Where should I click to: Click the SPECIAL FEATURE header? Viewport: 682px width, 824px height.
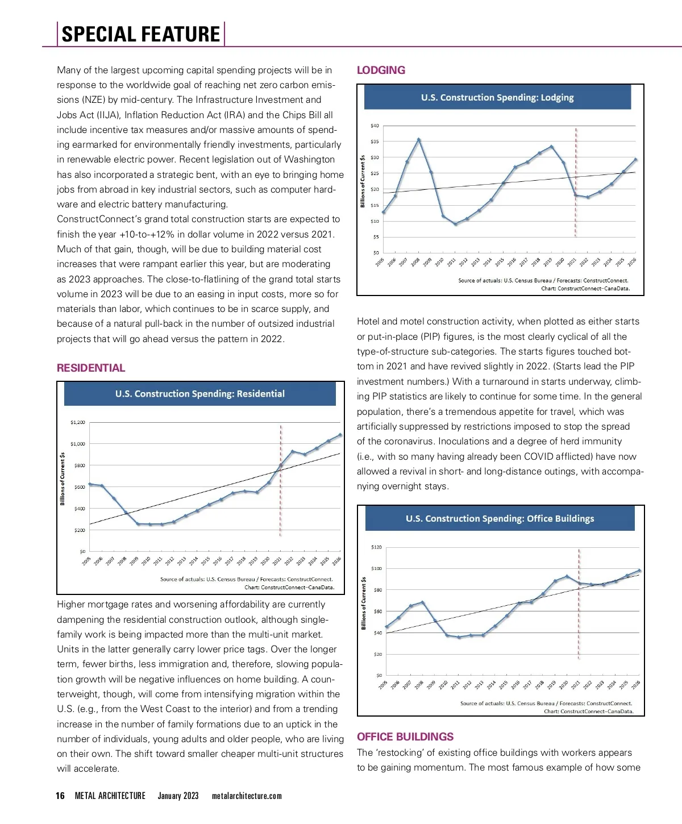click(x=140, y=34)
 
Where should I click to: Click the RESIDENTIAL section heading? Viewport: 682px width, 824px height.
click(x=91, y=368)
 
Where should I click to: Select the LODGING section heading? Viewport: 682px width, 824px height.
click(x=381, y=70)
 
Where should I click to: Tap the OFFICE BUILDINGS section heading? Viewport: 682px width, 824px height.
click(x=405, y=736)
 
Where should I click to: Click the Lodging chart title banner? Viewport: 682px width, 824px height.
click(x=497, y=97)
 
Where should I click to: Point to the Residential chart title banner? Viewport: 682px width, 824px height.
click(x=199, y=393)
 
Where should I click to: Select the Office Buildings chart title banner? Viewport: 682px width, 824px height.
click(x=500, y=518)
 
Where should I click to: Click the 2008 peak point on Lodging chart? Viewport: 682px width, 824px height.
click(x=419, y=139)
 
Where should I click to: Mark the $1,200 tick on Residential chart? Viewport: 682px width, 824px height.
click(x=78, y=422)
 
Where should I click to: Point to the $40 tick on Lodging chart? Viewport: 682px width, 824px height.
click(x=375, y=125)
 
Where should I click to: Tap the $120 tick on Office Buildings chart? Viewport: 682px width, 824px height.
click(x=376, y=547)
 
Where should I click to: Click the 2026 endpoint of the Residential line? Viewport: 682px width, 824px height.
click(x=340, y=435)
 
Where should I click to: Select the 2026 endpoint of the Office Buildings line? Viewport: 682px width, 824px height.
click(x=639, y=571)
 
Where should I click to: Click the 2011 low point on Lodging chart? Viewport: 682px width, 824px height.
click(x=455, y=224)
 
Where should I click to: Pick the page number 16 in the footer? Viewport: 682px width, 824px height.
click(x=60, y=796)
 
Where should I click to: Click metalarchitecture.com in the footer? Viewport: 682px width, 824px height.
click(x=247, y=796)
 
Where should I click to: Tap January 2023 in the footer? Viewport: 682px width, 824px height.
click(x=178, y=796)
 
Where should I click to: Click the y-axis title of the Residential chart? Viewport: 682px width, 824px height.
click(x=63, y=478)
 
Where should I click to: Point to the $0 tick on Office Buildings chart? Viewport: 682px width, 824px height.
click(x=379, y=675)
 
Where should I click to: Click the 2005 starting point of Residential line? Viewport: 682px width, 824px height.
click(x=90, y=484)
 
